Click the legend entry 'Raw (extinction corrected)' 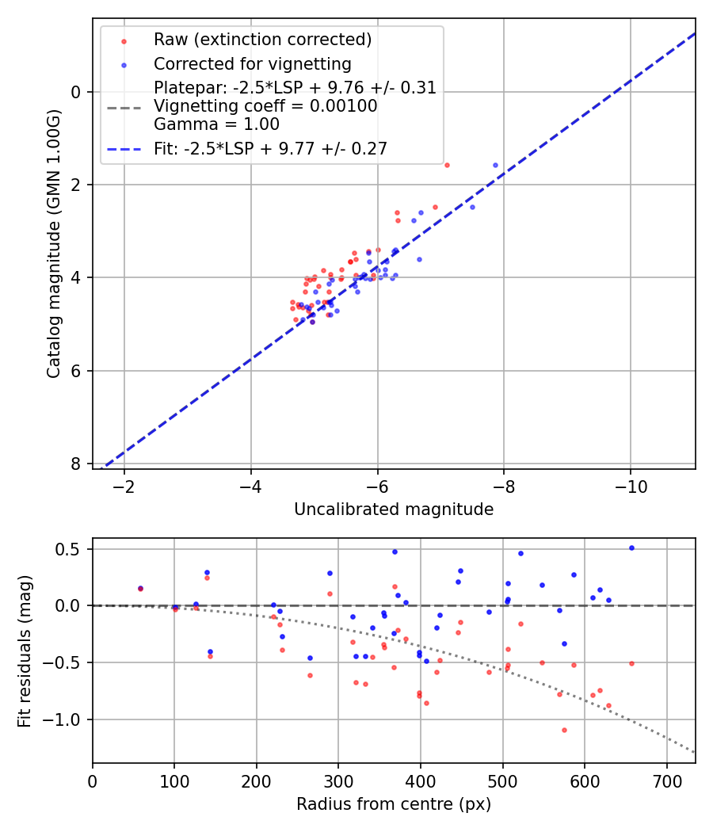(262, 40)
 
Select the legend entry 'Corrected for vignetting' (252, 63)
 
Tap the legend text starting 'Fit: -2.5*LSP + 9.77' (270, 148)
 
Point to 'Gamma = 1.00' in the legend (216, 124)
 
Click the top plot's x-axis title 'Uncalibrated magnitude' (394, 510)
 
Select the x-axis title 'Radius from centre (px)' (394, 804)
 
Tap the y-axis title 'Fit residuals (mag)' (25, 651)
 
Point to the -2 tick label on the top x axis (124, 487)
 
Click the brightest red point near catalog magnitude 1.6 (447, 165)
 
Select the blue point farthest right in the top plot (496, 165)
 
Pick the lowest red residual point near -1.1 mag (564, 730)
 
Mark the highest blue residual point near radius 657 (631, 548)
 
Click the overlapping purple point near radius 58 (140, 588)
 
